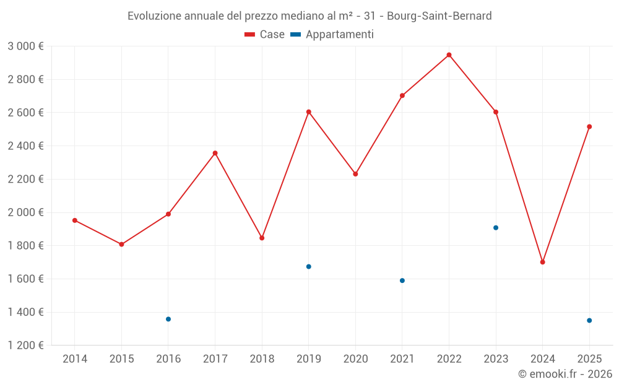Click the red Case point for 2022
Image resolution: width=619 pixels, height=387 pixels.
pyautogui.click(x=449, y=55)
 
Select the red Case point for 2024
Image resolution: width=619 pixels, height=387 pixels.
pyautogui.click(x=542, y=262)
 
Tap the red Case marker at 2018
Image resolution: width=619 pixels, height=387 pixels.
pyautogui.click(x=262, y=238)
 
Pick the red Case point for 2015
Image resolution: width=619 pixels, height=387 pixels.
pyautogui.click(x=121, y=245)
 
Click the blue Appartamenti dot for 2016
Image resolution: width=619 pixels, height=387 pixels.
pyautogui.click(x=168, y=319)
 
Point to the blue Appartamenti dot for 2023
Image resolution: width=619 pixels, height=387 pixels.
pyautogui.click(x=496, y=228)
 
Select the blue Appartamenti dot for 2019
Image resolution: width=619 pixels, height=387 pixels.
pyautogui.click(x=308, y=267)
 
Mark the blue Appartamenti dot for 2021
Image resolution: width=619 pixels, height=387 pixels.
pyautogui.click(x=402, y=280)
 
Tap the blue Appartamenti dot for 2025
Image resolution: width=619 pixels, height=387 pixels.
pyautogui.click(x=589, y=320)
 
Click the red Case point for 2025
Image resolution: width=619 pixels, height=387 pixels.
pyautogui.click(x=589, y=127)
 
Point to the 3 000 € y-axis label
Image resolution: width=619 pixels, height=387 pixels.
pyautogui.click(x=25, y=46)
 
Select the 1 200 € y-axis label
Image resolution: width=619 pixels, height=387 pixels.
pyautogui.click(x=25, y=346)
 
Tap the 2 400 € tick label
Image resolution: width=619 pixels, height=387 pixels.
pyautogui.click(x=25, y=146)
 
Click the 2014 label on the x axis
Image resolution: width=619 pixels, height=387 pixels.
pyautogui.click(x=75, y=359)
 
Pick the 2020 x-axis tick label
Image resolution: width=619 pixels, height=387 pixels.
pyautogui.click(x=355, y=359)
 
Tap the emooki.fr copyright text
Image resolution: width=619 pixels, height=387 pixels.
pyautogui.click(x=565, y=374)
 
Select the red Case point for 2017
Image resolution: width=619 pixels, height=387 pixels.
pyautogui.click(x=215, y=153)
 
